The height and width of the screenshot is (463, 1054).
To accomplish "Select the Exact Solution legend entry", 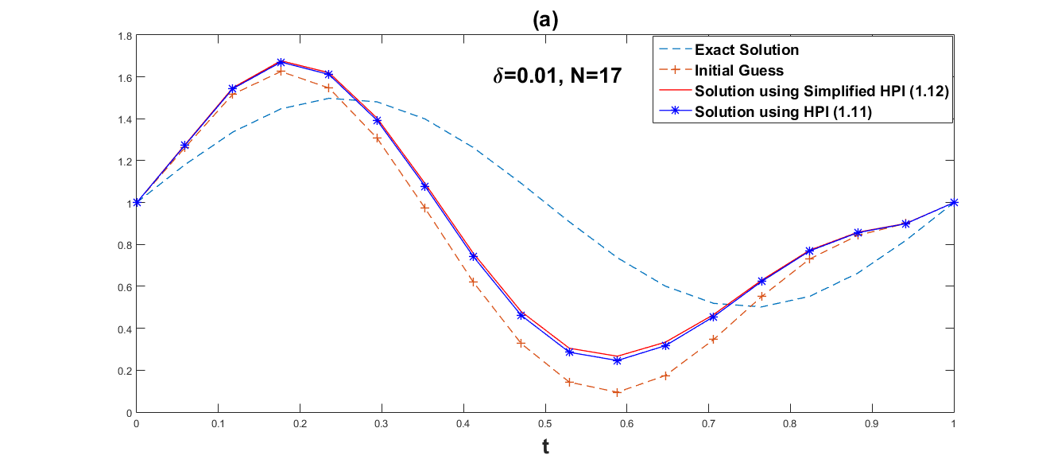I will [746, 49].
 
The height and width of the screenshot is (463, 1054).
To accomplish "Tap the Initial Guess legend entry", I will [739, 70].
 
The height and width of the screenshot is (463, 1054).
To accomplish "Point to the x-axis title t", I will [545, 447].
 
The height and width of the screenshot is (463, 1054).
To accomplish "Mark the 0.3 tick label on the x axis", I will [382, 426].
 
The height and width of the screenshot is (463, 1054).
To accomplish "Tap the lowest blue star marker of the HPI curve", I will [618, 360].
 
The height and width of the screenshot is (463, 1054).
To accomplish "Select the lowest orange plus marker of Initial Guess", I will [618, 392].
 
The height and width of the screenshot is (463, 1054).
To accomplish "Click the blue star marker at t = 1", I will [954, 202].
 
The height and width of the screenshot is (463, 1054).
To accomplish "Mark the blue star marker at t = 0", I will [137, 202].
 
